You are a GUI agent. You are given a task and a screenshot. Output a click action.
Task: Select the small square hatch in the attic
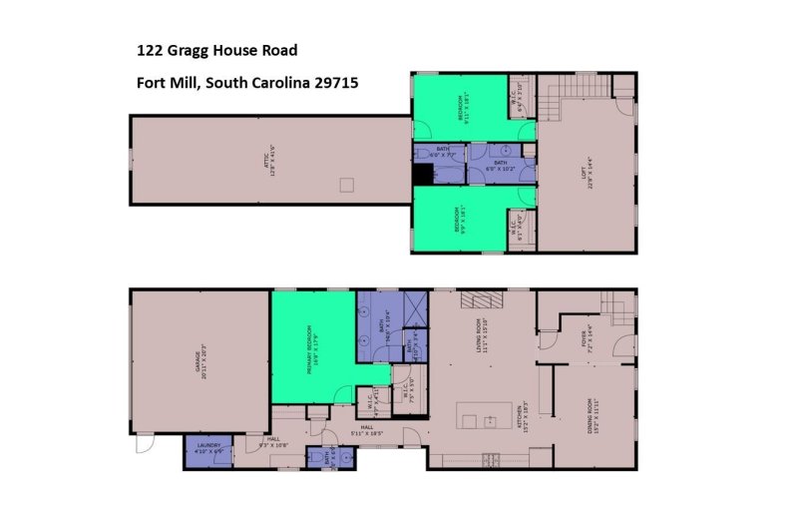click(347, 184)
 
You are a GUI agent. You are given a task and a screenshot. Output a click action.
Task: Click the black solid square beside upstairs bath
click(423, 174)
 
